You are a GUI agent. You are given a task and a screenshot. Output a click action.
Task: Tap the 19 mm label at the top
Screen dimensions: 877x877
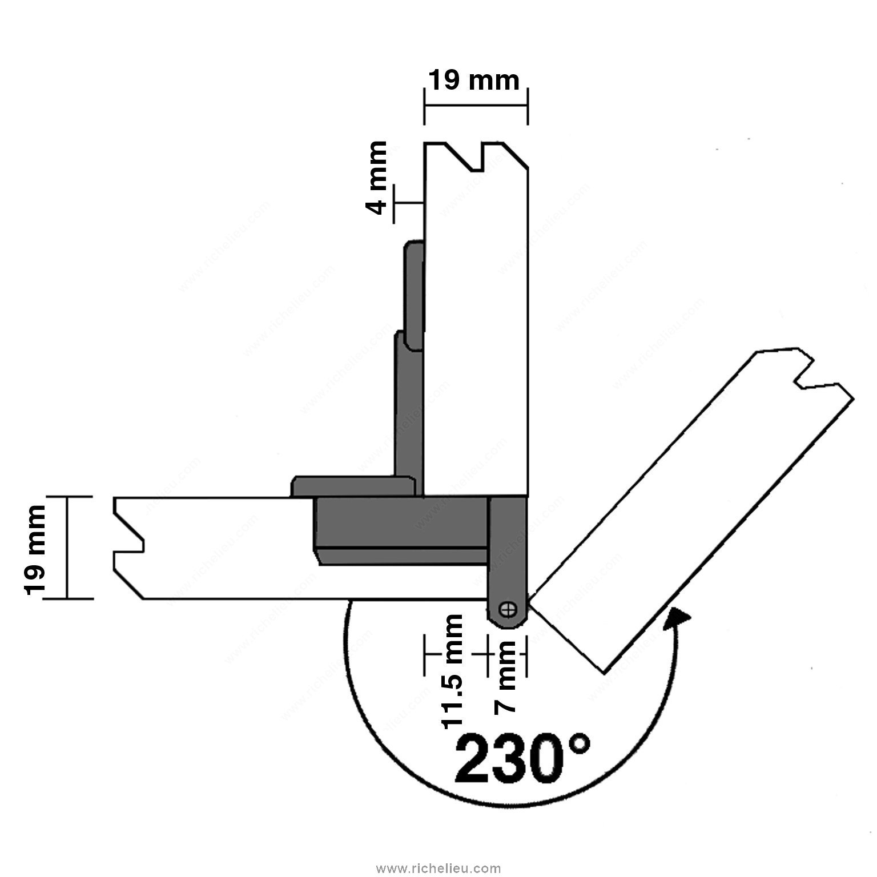(474, 81)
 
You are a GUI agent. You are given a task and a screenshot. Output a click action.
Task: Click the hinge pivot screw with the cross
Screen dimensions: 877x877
(506, 610)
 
